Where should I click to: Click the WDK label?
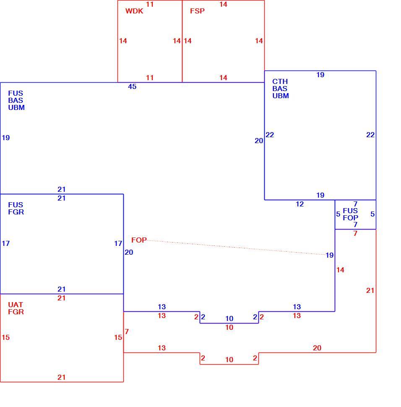tap(134, 11)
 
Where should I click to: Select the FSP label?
tap(197, 11)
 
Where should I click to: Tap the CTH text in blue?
tap(280, 81)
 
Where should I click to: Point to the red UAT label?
tap(16, 305)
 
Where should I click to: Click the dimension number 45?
tap(132, 87)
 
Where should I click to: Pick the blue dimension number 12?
tap(300, 204)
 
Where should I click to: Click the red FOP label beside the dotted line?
tap(139, 240)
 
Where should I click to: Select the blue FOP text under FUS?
tap(350, 218)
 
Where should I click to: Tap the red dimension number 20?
tap(317, 348)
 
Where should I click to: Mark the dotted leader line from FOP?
tap(237, 248)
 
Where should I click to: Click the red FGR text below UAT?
tap(16, 312)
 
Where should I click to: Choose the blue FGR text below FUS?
tap(16, 212)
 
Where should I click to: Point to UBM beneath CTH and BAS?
tap(281, 96)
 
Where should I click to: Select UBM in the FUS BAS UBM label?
tap(16, 107)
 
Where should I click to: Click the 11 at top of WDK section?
tap(150, 5)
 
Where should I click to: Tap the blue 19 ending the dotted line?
tap(330, 256)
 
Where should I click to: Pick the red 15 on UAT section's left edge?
tap(6, 338)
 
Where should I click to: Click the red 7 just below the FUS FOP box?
tap(355, 234)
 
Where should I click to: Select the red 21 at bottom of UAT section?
tap(62, 377)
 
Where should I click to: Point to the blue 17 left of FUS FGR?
tap(6, 243)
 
